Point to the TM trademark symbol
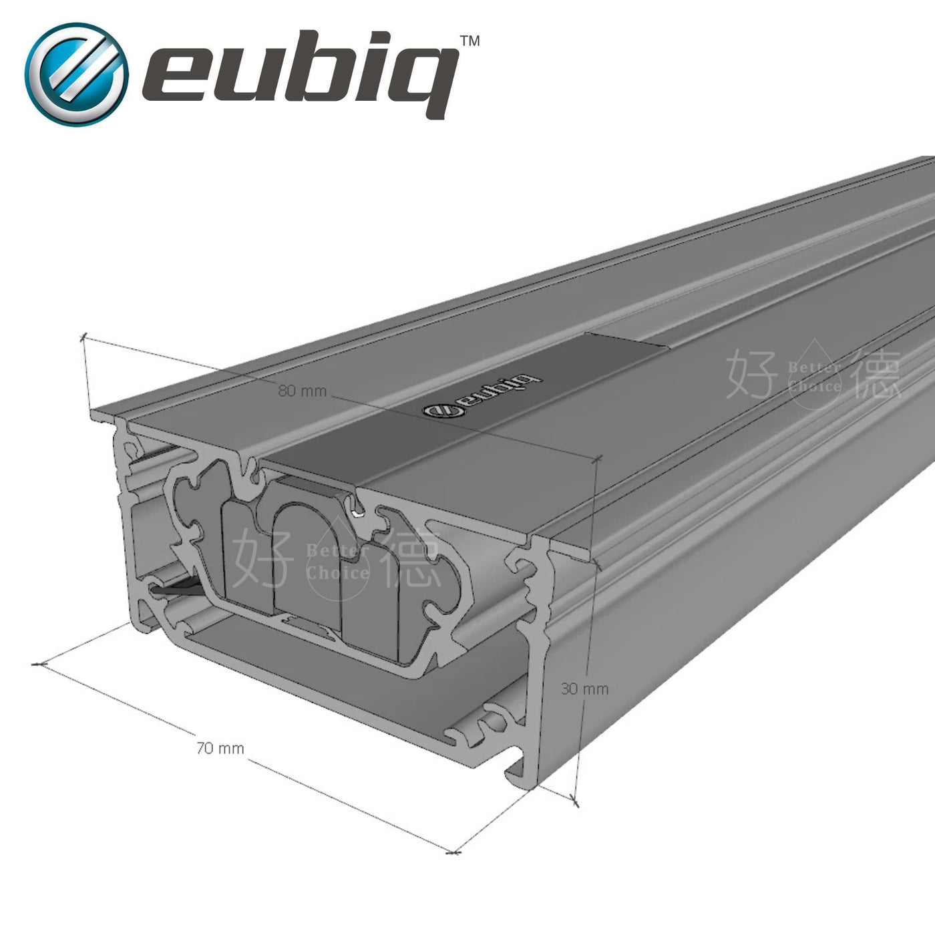pyautogui.click(x=470, y=41)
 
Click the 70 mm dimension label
pyautogui.click(x=220, y=749)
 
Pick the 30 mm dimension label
pyautogui.click(x=584, y=689)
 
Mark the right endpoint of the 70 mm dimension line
pyautogui.click(x=453, y=852)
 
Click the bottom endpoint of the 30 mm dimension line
pyautogui.click(x=576, y=799)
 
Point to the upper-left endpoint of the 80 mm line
pyautogui.click(x=84, y=336)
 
